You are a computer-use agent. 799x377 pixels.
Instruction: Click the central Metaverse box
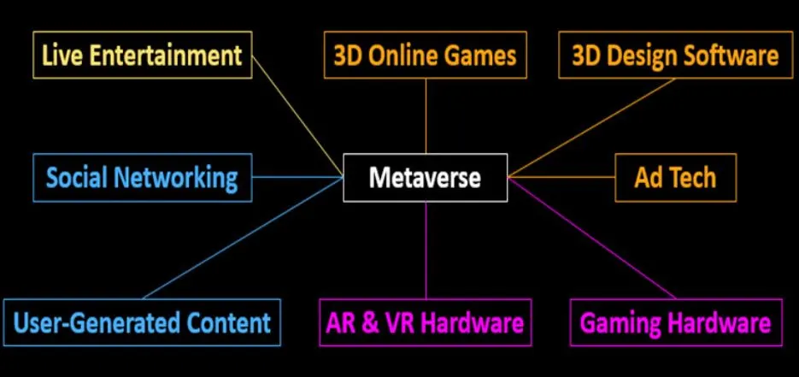425,178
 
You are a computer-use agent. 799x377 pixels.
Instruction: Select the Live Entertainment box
143,56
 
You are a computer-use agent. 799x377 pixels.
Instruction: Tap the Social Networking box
142,178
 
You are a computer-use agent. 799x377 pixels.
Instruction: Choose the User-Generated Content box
142,322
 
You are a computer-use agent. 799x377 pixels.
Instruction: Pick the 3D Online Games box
425,56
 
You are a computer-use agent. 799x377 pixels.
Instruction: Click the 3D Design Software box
674,56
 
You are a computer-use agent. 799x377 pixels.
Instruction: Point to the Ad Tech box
674,178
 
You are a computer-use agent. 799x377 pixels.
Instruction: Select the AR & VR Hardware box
425,322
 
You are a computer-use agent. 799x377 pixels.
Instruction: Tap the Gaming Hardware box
675,322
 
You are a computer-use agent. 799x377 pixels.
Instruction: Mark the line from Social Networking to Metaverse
297,178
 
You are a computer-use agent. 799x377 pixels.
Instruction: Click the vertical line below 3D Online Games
426,115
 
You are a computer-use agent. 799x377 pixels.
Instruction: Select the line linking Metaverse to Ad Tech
561,178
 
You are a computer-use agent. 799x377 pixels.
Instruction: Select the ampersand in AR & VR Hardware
372,323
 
